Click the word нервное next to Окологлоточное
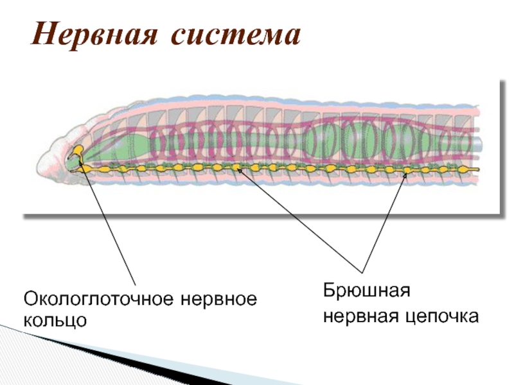click(x=220, y=299)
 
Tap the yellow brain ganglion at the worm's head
click(x=78, y=151)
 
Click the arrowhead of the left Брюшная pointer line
click(x=237, y=169)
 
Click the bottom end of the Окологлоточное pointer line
click(x=134, y=285)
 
